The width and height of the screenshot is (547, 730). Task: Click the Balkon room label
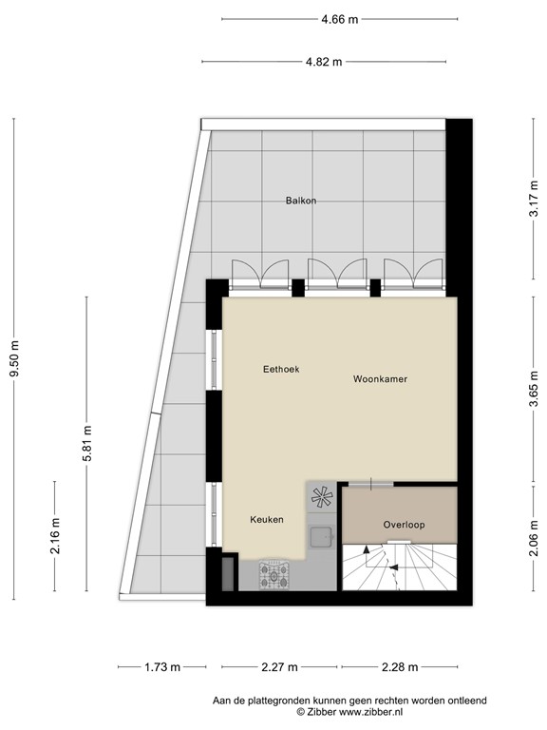(301, 201)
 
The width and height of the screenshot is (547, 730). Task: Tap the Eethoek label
(281, 369)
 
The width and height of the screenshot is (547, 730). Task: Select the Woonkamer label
(380, 379)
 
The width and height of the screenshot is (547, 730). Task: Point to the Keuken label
(267, 520)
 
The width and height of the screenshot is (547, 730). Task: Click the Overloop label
(404, 525)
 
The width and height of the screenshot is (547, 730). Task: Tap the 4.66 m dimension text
(338, 18)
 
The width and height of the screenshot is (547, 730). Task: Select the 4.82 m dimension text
(323, 62)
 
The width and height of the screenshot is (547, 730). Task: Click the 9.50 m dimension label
(14, 360)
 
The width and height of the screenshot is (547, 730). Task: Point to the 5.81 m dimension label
(86, 443)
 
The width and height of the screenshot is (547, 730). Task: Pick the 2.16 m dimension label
(55, 535)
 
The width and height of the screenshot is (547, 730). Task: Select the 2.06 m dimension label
(534, 535)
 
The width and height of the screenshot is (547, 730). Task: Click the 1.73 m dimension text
(162, 666)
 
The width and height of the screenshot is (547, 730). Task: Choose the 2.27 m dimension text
(279, 666)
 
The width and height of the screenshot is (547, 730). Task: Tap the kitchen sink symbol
(321, 536)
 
